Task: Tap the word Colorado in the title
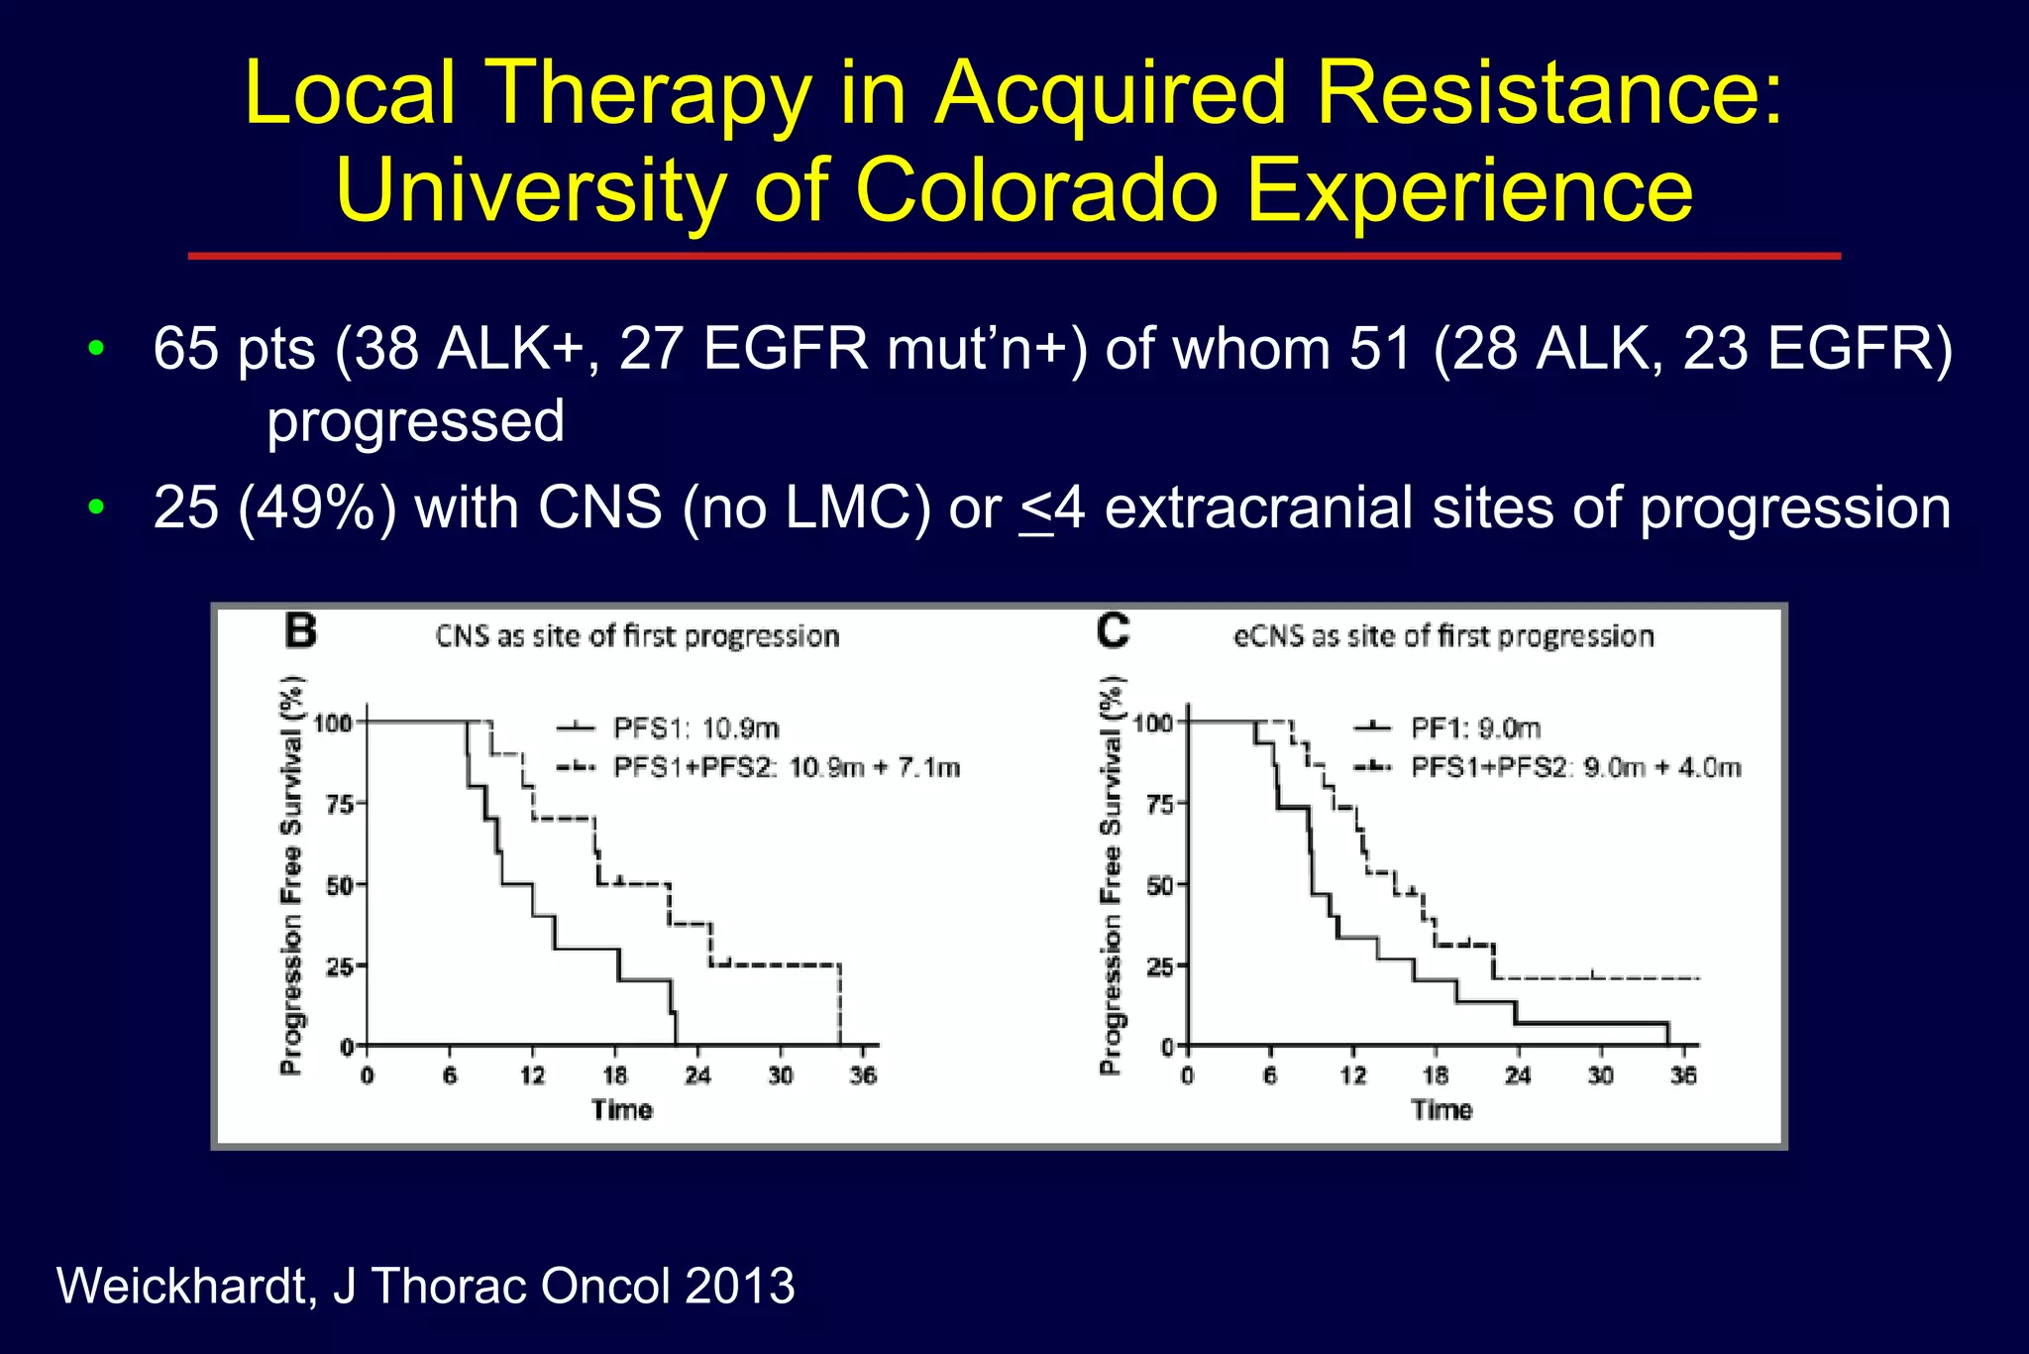pyautogui.click(x=1036, y=190)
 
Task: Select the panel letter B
pyautogui.click(x=300, y=631)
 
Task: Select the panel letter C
pyautogui.click(x=1114, y=631)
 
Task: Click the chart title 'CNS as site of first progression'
pyautogui.click(x=637, y=636)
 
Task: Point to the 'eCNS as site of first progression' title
pyautogui.click(x=1443, y=636)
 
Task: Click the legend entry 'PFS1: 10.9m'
pyautogui.click(x=695, y=729)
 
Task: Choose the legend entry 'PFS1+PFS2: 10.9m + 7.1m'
pyautogui.click(x=787, y=767)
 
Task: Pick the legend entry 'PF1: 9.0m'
pyautogui.click(x=1475, y=729)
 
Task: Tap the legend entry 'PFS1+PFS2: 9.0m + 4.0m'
pyautogui.click(x=1575, y=767)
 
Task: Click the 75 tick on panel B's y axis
pyautogui.click(x=339, y=804)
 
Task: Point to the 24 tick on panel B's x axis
pyautogui.click(x=697, y=1075)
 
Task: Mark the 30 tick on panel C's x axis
pyautogui.click(x=1601, y=1075)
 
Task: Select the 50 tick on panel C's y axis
pyautogui.click(x=1159, y=885)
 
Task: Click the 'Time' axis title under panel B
pyautogui.click(x=622, y=1110)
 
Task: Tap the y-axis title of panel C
pyautogui.click(x=1112, y=874)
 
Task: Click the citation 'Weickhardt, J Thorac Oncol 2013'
pyautogui.click(x=426, y=1286)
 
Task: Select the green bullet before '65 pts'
pyautogui.click(x=95, y=348)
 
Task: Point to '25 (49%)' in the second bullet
pyautogui.click(x=274, y=508)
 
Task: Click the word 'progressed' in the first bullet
pyautogui.click(x=415, y=421)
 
